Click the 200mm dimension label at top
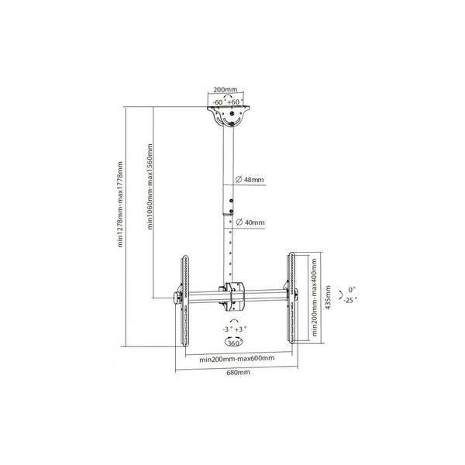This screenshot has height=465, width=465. click(x=226, y=89)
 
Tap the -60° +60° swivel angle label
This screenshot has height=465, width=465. click(x=229, y=102)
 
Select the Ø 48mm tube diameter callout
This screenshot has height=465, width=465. click(x=250, y=180)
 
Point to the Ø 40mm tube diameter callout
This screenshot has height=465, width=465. click(x=250, y=222)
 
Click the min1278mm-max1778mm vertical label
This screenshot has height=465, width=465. click(x=120, y=205)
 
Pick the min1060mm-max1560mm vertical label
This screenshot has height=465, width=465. click(x=150, y=187)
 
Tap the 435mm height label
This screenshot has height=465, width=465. click(x=328, y=298)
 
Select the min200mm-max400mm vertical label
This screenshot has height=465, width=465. click(x=315, y=298)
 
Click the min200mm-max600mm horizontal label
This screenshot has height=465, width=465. click(x=236, y=359)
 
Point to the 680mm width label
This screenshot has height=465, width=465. click(x=238, y=373)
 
